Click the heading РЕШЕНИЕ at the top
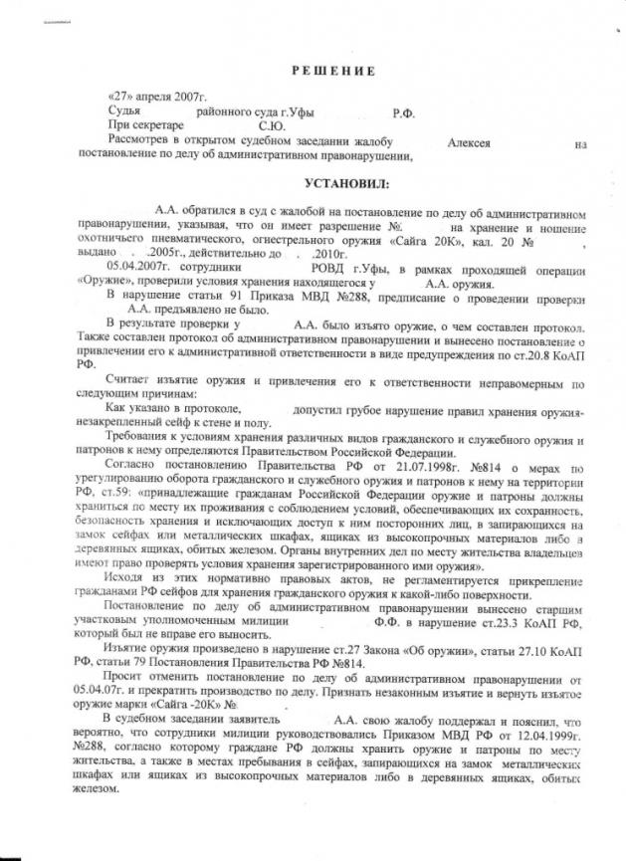pyautogui.click(x=333, y=71)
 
